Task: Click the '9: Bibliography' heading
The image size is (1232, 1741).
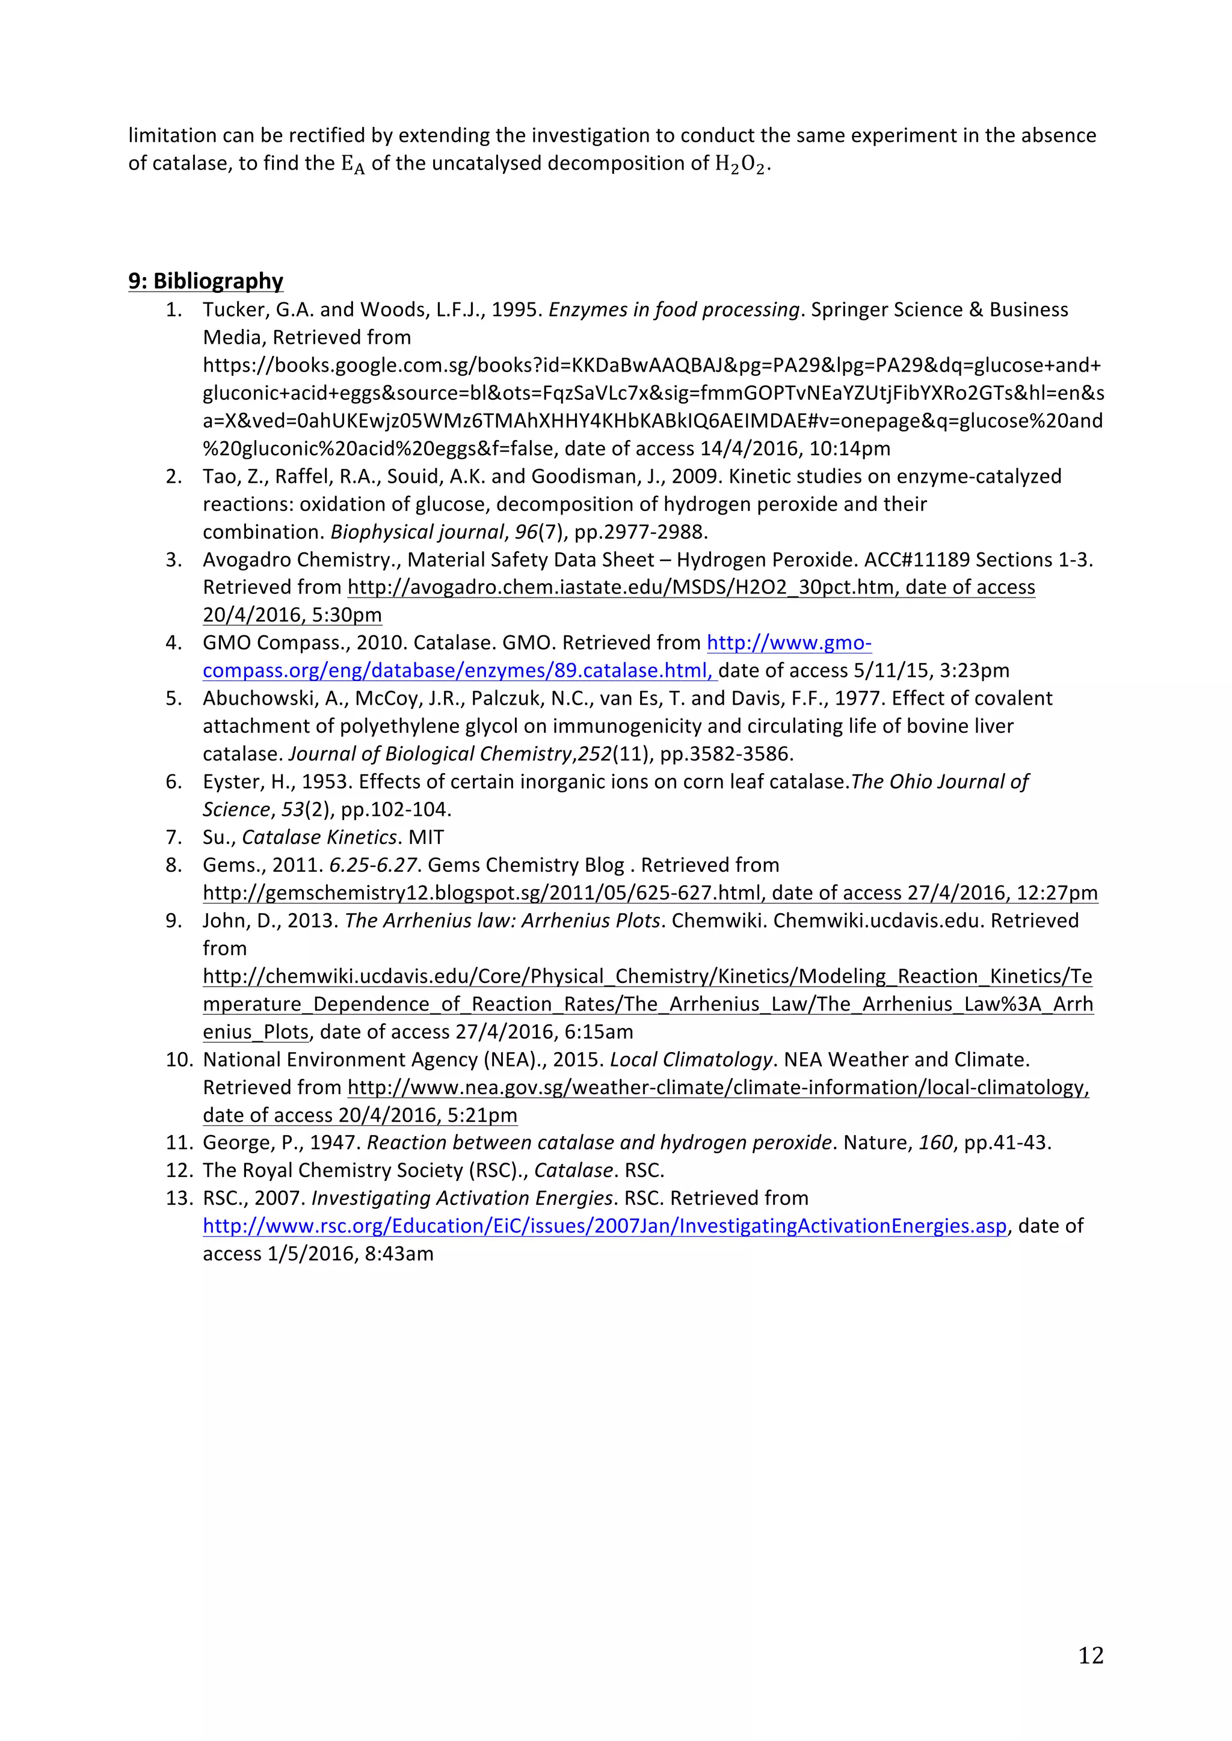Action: [206, 281]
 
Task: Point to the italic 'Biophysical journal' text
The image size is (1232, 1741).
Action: [416, 532]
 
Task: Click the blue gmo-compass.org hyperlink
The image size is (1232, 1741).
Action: [789, 643]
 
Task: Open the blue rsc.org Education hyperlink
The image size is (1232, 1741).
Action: [605, 1226]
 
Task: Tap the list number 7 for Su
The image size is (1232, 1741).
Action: [174, 837]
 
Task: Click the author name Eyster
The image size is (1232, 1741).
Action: [233, 782]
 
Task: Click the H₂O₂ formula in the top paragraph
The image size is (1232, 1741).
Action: [741, 165]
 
